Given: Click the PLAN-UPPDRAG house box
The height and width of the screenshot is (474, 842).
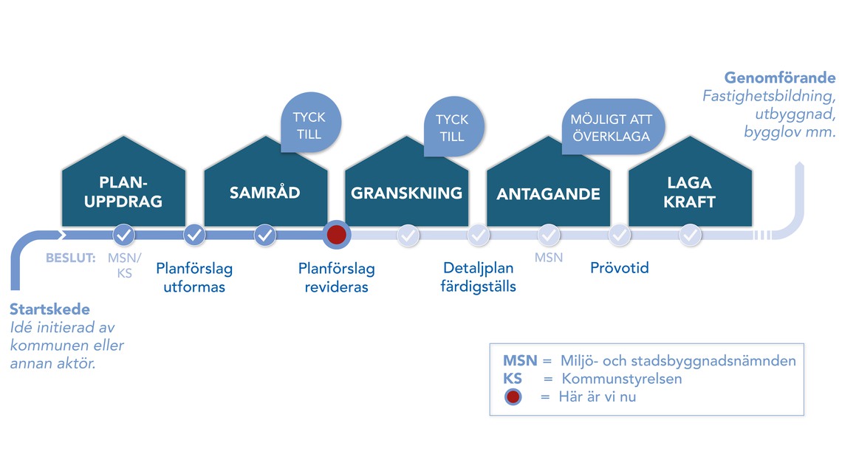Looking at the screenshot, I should pos(123,191).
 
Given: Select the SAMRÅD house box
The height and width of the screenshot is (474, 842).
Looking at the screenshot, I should pos(265,192).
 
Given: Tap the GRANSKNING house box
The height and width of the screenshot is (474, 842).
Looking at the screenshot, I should pos(406,193).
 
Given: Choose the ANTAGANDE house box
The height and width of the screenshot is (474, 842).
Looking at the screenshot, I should pos(548,193).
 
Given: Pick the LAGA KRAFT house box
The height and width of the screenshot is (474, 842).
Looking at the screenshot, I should pos(690,191).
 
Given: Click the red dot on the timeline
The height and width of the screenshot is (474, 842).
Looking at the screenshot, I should pos(336,235).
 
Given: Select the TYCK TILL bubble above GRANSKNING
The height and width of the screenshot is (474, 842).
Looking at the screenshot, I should pos(452,128).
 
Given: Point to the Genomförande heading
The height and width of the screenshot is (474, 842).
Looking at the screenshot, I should pos(779,78).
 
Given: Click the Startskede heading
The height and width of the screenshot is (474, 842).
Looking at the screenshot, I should pos(49,309).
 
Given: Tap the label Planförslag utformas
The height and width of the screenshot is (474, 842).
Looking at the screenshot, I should pos(194,278).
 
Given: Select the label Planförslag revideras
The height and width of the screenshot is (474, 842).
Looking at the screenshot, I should pos(336,278).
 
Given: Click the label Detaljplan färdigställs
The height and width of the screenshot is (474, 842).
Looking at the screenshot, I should pos(479,277).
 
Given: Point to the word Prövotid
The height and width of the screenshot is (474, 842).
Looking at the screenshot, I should pos(619,268).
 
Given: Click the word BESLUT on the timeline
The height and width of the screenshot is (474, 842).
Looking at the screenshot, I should pos(71,258).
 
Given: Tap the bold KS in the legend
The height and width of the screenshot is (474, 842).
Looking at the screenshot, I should pos(513,379).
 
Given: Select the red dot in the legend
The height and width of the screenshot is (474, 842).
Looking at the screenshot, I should pos(513,396).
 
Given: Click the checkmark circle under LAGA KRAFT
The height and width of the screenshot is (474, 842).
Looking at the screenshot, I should pos(690,235).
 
